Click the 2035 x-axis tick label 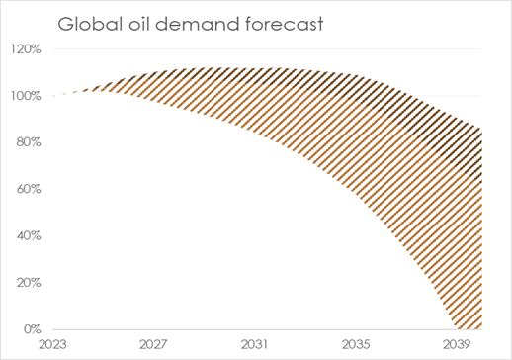click(x=359, y=344)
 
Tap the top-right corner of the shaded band click(x=481, y=129)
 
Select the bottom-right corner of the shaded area click(x=481, y=328)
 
